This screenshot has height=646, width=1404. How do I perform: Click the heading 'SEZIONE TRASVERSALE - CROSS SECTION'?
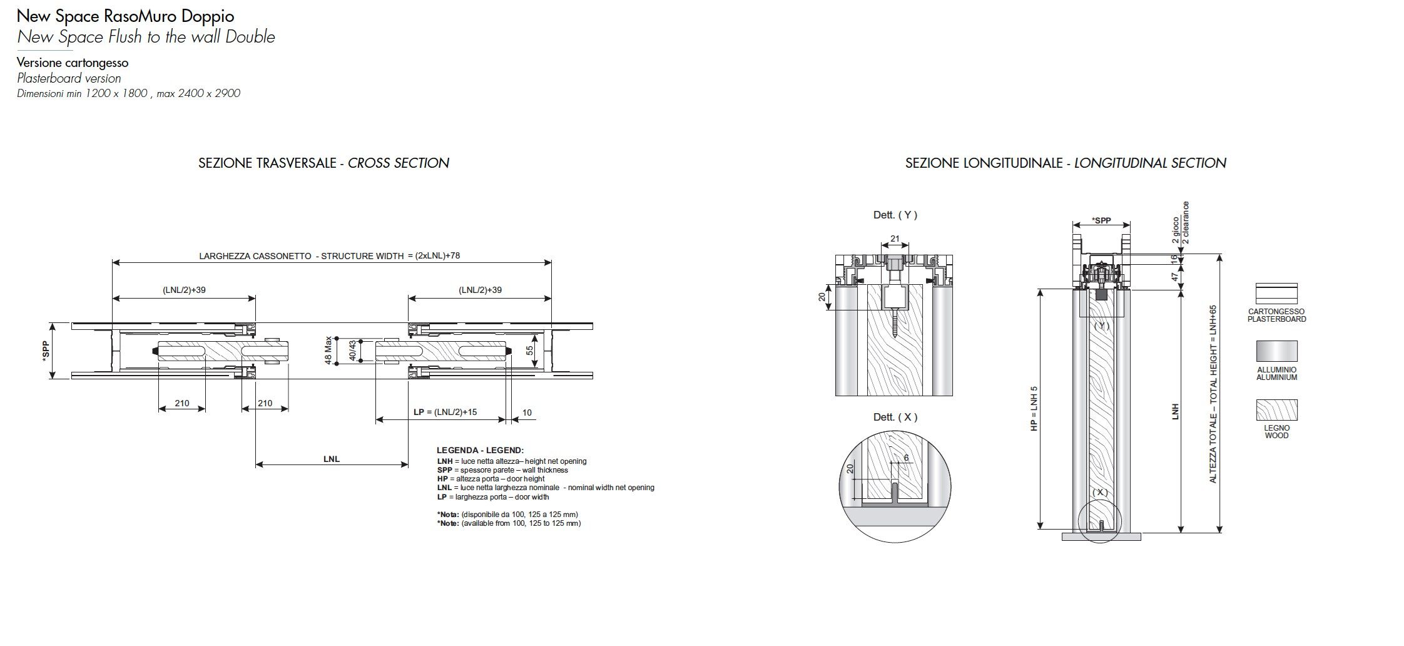(323, 163)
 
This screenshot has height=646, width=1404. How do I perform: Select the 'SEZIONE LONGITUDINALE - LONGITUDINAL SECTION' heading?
(1066, 163)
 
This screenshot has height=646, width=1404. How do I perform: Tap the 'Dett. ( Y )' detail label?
(895, 215)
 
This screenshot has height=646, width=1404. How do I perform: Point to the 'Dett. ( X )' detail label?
(895, 418)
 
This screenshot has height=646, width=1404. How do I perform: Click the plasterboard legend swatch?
(1276, 294)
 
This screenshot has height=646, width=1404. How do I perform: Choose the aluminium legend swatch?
(1276, 352)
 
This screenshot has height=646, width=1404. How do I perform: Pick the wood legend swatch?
(1276, 410)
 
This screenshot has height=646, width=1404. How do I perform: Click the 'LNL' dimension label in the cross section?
(332, 459)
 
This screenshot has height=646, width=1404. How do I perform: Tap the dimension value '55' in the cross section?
(531, 351)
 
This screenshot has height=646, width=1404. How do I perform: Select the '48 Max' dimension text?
(328, 351)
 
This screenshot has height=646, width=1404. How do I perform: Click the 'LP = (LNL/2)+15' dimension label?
(445, 412)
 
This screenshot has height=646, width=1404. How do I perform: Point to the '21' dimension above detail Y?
(895, 239)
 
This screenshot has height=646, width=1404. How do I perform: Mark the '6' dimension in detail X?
(906, 458)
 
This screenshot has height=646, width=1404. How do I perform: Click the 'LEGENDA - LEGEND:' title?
(480, 451)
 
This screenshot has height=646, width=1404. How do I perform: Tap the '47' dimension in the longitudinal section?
(1174, 275)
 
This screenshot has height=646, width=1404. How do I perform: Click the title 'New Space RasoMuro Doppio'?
(126, 16)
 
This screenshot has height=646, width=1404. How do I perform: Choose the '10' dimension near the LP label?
(527, 413)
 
